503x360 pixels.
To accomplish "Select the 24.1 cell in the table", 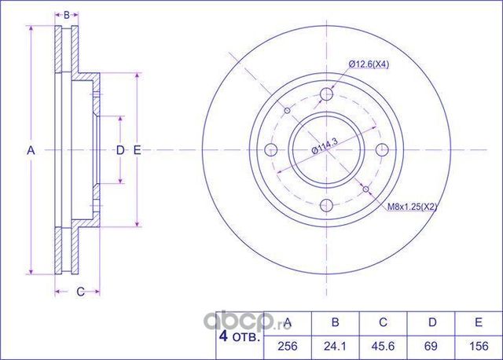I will (335, 344).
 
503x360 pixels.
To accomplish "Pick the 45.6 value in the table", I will (383, 344).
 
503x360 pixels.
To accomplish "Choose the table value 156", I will (476, 344).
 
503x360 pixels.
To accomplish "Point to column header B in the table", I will (335, 322).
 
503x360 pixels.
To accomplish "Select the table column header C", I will (383, 322).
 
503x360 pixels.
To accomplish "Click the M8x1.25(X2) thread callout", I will (412, 207).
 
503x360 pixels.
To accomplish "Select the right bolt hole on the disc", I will (383, 150).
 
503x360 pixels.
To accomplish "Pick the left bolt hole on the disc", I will (272, 150).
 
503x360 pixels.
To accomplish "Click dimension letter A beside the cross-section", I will (31, 149).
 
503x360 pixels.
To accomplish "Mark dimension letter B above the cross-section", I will (67, 15).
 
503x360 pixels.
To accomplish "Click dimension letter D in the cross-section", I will (119, 149).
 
